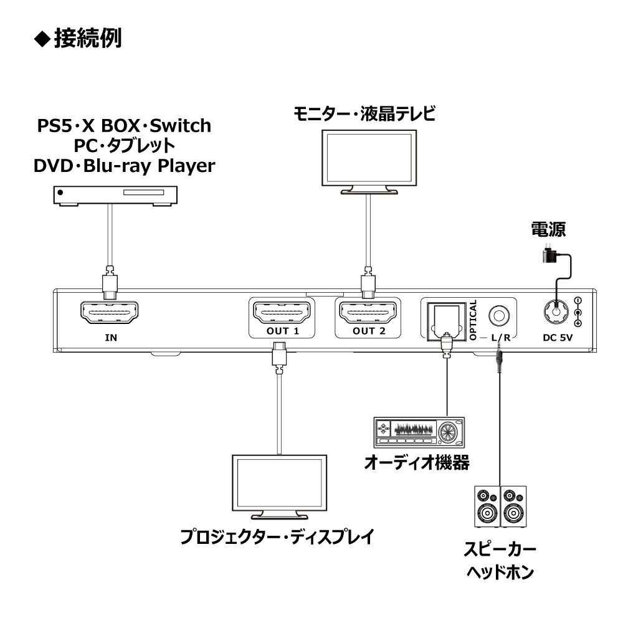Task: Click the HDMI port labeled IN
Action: [109, 315]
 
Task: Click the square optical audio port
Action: [445, 319]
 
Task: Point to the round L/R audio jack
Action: [498, 316]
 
